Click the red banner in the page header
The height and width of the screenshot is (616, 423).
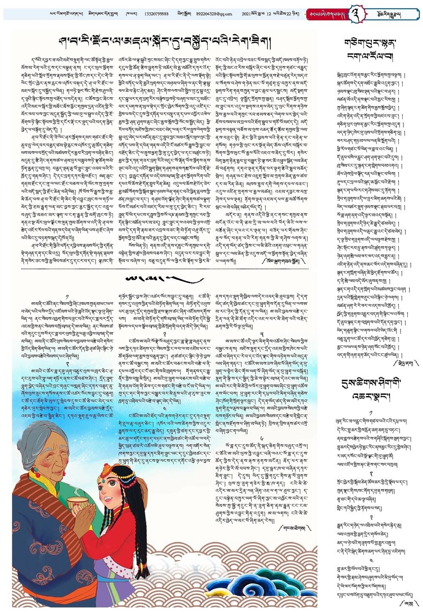[325, 14]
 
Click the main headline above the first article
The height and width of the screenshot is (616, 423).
[165, 43]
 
